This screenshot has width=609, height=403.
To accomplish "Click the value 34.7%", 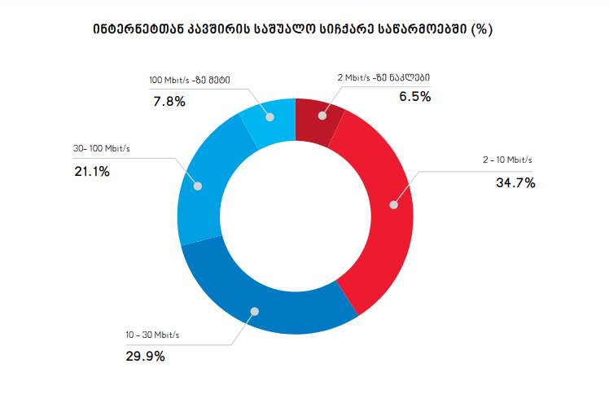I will (x=515, y=182).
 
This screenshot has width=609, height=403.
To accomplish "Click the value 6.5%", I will (x=414, y=97).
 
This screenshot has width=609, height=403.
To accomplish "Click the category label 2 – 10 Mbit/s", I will (x=508, y=160).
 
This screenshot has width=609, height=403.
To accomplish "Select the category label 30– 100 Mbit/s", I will (x=102, y=149).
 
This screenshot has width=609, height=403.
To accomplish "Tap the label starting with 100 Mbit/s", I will (x=189, y=80).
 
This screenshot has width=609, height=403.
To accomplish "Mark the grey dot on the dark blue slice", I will (x=255, y=311).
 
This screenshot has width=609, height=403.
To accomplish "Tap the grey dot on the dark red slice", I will (x=322, y=116).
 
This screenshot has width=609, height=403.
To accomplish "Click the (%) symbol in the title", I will (x=483, y=29).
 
